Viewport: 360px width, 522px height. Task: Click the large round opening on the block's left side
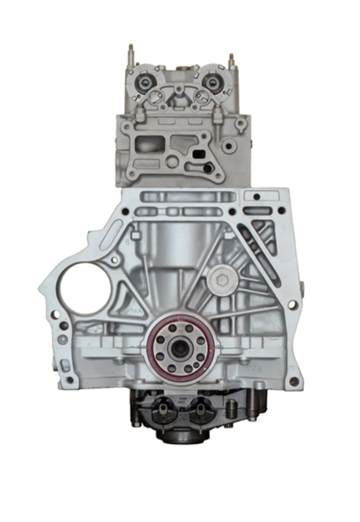tap(85, 288)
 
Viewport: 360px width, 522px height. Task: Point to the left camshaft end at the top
tap(145, 82)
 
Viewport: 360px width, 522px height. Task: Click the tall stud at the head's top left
tap(131, 54)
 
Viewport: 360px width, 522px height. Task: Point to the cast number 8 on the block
tap(127, 242)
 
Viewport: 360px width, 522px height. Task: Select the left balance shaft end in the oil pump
tap(164, 409)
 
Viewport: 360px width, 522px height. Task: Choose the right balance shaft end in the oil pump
tap(200, 409)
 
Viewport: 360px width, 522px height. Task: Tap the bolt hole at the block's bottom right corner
tap(294, 382)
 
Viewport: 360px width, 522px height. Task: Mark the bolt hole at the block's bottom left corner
tap(70, 379)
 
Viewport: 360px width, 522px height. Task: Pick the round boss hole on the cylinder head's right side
tap(229, 146)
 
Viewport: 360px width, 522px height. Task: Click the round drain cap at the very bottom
tap(181, 437)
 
